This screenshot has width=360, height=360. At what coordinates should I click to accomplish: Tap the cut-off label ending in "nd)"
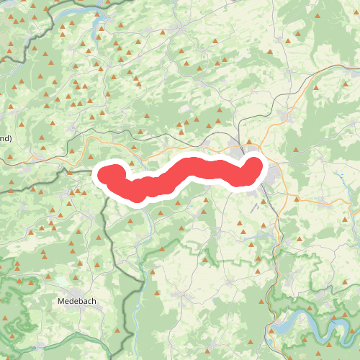click(6, 137)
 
